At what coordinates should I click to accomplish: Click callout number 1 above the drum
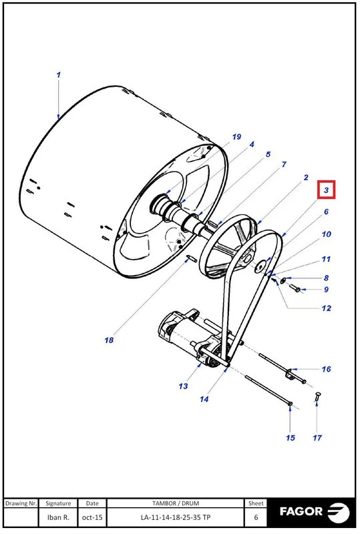(x=59, y=75)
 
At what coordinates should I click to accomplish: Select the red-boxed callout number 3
(x=326, y=191)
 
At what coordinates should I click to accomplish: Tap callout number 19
(x=236, y=137)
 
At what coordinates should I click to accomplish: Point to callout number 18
(x=109, y=340)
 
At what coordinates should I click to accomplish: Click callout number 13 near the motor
(x=183, y=386)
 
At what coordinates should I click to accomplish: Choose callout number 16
(x=326, y=368)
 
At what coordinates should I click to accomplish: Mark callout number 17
(x=317, y=438)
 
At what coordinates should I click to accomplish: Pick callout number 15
(x=291, y=438)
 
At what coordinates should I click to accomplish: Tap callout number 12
(x=326, y=308)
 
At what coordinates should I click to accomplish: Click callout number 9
(x=326, y=289)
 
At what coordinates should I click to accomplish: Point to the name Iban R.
(x=59, y=517)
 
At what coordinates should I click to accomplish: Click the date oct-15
(x=92, y=517)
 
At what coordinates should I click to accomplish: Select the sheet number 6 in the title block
(x=256, y=517)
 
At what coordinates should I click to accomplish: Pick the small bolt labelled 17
(x=318, y=398)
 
